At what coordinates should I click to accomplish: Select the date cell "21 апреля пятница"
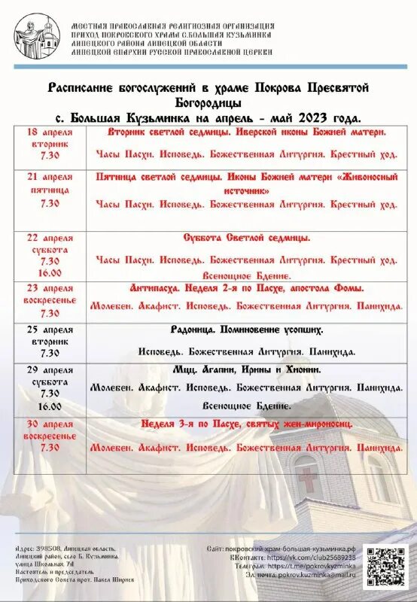[50, 183]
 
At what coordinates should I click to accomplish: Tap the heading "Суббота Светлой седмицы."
[247, 237]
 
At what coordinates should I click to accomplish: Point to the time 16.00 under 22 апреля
[50, 273]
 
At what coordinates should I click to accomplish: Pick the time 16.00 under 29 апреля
[50, 406]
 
